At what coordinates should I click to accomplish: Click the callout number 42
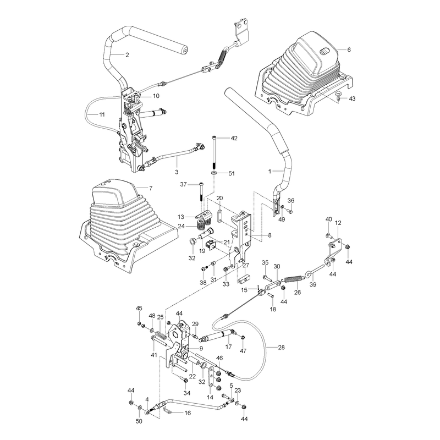point(234,139)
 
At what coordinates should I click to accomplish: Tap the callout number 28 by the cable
point(281,348)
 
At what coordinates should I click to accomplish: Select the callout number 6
point(349,50)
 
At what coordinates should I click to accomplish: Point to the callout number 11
point(102,114)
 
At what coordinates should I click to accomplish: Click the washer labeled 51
point(214,172)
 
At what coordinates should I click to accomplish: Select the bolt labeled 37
point(201,191)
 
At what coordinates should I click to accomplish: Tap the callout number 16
point(188,413)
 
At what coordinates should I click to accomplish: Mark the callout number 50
point(139,421)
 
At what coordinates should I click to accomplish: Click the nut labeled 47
point(243,337)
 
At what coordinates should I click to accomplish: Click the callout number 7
point(151,188)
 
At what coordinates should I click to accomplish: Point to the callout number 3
point(177,172)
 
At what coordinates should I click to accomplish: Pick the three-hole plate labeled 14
point(210,377)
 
